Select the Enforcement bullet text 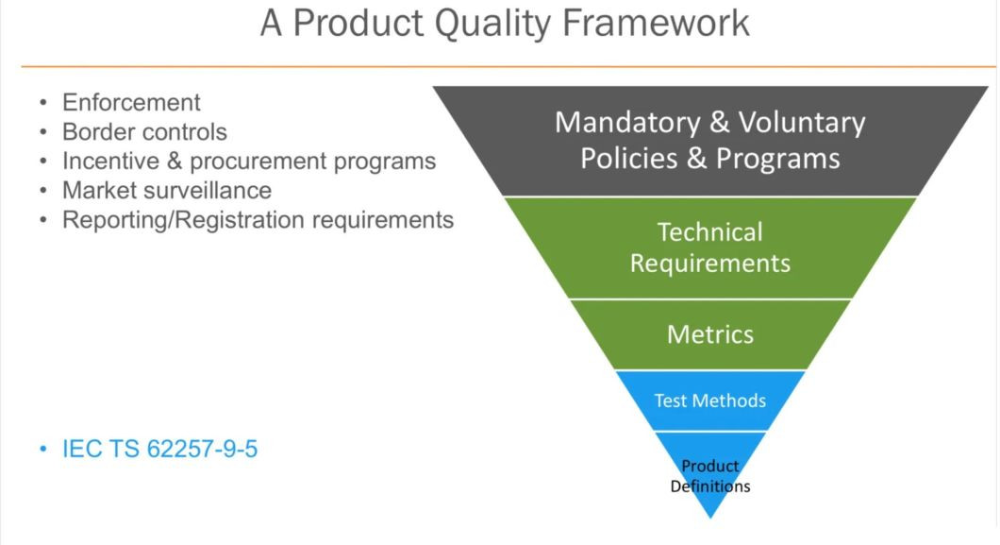pyautogui.click(x=131, y=102)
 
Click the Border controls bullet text pyautogui.click(x=144, y=131)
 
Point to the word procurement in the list pyautogui.click(x=253, y=161)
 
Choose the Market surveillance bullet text pyautogui.click(x=166, y=190)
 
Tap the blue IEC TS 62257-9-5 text pyautogui.click(x=159, y=448)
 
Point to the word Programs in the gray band pyautogui.click(x=777, y=158)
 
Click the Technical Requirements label pyautogui.click(x=709, y=247)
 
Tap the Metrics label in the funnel pyautogui.click(x=709, y=333)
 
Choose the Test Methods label pyautogui.click(x=709, y=400)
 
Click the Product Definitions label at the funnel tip pyautogui.click(x=710, y=476)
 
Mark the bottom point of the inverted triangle pyautogui.click(x=710, y=518)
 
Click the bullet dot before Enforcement pyautogui.click(x=43, y=102)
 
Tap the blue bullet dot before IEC pyautogui.click(x=43, y=449)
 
